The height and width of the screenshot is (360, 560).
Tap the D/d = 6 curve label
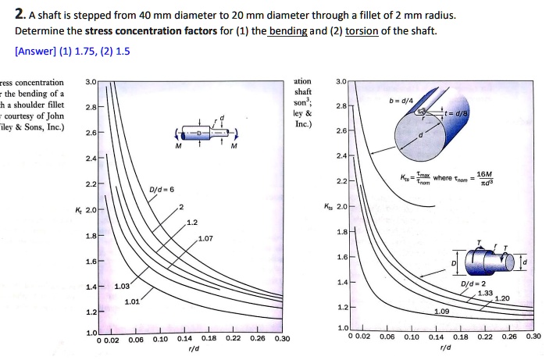162,191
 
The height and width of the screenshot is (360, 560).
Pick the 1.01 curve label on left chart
133,301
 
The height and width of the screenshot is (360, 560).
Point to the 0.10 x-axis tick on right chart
411,337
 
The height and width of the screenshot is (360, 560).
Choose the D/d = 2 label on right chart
474,283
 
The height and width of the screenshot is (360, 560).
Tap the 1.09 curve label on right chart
442,310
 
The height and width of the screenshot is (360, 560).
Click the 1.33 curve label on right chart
487,292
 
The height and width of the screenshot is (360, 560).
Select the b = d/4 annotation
411,100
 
